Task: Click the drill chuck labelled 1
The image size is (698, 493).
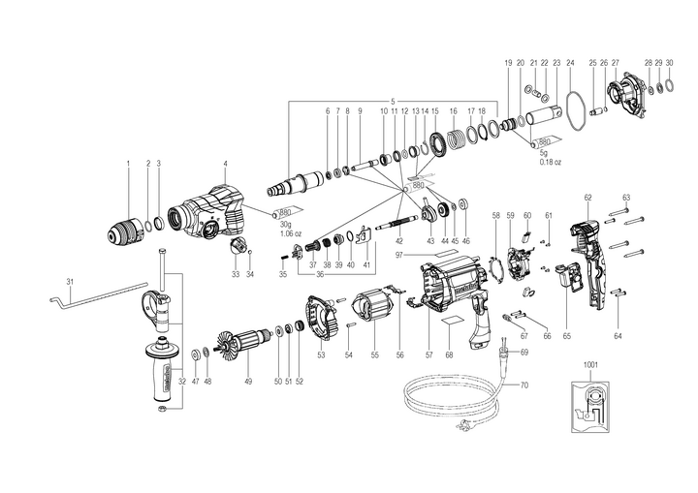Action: pos(125,229)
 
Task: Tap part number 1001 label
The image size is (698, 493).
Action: pos(591,365)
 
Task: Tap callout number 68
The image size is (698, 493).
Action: pos(449,355)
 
